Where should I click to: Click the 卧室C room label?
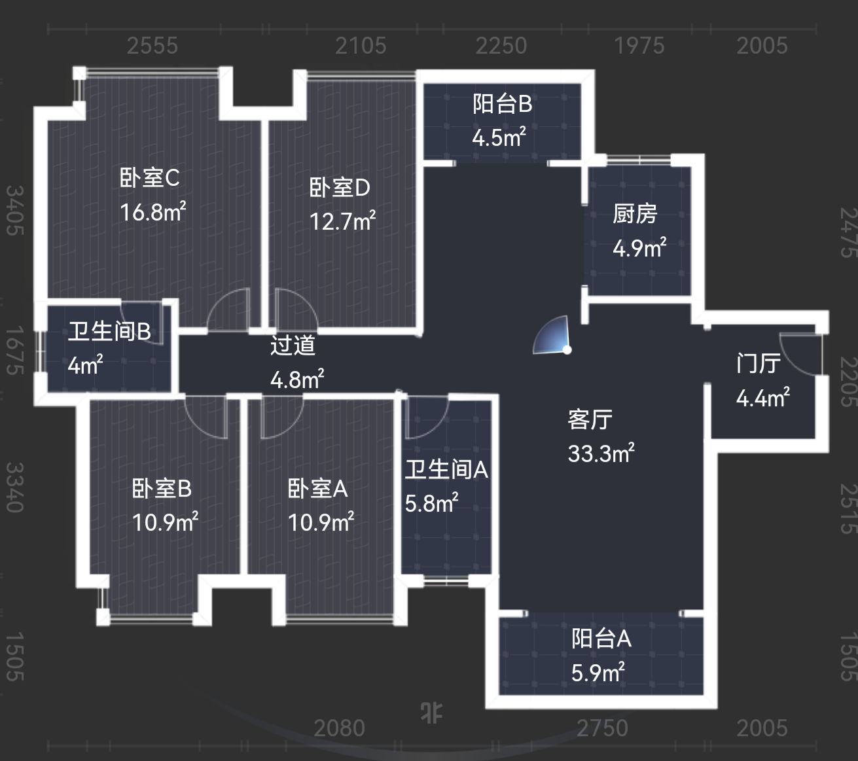pyautogui.click(x=149, y=178)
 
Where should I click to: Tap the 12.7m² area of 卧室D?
pyautogui.click(x=342, y=222)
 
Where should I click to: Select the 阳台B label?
pyautogui.click(x=502, y=104)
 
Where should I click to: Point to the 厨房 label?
pyautogui.click(x=635, y=214)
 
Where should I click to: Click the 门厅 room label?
pyautogui.click(x=759, y=363)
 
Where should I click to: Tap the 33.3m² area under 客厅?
pyautogui.click(x=601, y=453)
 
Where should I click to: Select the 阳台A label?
pyautogui.click(x=601, y=639)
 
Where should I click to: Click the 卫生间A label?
pyautogui.click(x=446, y=470)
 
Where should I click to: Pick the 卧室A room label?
pyautogui.click(x=317, y=489)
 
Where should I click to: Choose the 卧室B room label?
pyautogui.click(x=162, y=489)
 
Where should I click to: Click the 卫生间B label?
pyautogui.click(x=109, y=332)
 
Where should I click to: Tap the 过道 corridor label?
pyautogui.click(x=293, y=345)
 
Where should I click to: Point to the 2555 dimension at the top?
pyautogui.click(x=152, y=46)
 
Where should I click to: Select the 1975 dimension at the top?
pyautogui.click(x=639, y=46)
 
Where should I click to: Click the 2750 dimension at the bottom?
pyautogui.click(x=601, y=728)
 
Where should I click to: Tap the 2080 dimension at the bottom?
pyautogui.click(x=339, y=728)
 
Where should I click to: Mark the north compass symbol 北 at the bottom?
pyautogui.click(x=431, y=713)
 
